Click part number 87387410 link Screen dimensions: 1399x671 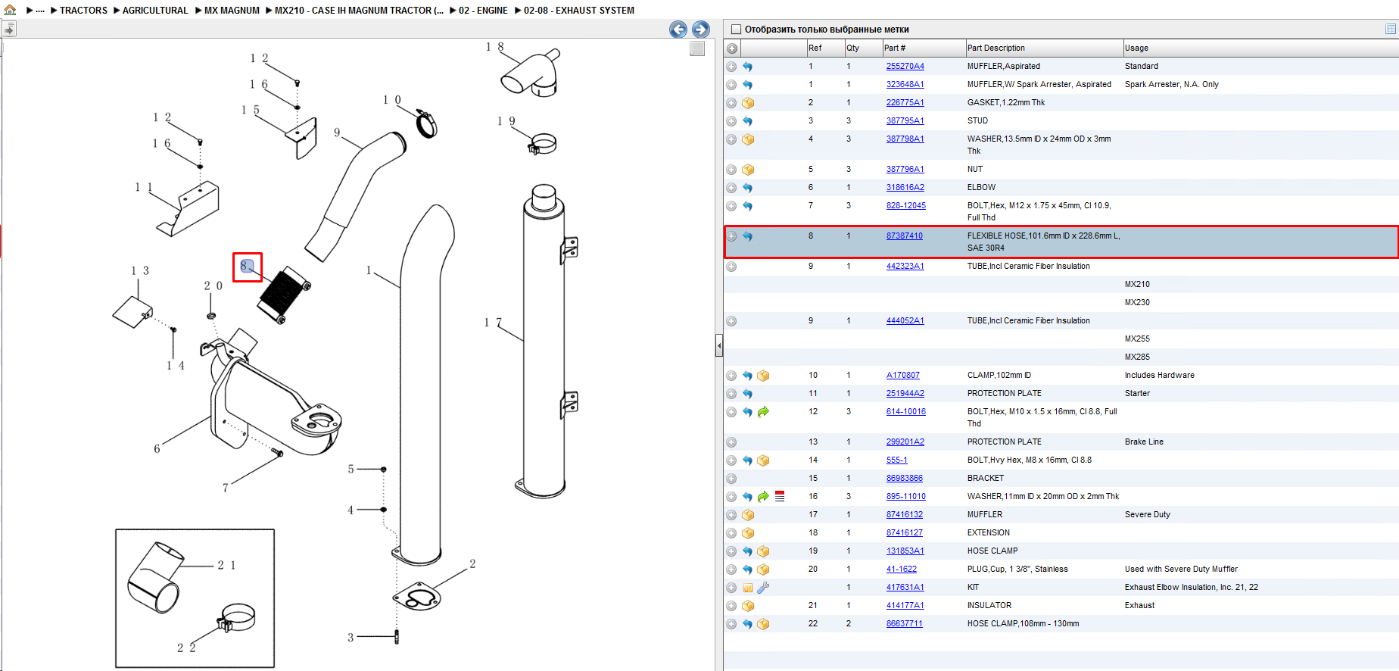904,236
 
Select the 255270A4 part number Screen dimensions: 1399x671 905,66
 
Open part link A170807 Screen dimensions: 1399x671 902,375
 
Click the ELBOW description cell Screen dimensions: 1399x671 981,187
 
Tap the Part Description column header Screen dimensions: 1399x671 996,48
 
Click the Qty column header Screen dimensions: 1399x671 852,48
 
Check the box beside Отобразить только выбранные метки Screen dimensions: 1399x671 736,30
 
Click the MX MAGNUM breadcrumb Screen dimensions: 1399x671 232,11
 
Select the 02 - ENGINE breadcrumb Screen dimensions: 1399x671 483,11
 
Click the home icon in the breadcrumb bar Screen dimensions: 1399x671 10,10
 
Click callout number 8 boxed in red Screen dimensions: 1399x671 247,267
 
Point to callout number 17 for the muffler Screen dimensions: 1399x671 493,323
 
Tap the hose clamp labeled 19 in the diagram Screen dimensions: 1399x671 543,143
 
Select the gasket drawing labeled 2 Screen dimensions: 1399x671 417,597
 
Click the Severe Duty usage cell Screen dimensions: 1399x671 1147,514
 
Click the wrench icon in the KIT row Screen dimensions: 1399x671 763,587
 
